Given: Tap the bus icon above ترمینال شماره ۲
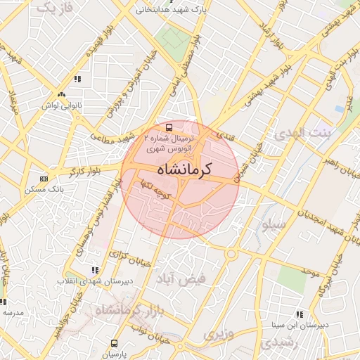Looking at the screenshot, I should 169,128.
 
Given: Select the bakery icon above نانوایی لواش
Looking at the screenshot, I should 62,94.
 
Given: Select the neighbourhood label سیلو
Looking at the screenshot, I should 273,226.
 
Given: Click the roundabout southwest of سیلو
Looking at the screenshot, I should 230,254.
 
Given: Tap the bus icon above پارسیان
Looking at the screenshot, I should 114,344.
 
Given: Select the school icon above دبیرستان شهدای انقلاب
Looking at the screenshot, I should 95,270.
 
